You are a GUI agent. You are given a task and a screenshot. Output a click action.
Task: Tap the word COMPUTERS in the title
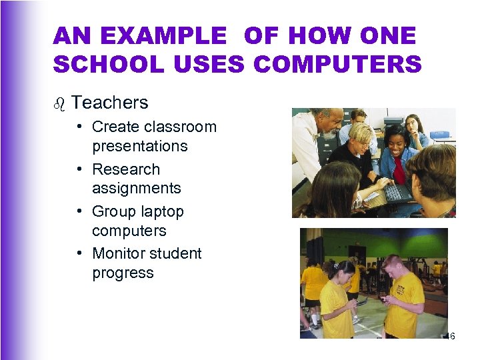[337, 64]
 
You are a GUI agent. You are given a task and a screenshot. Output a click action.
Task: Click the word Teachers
[109, 103]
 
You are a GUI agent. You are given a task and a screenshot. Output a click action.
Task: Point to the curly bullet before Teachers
[59, 103]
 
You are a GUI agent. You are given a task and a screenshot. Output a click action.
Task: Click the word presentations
[139, 146]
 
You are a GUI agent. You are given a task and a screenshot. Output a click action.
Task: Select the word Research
[126, 169]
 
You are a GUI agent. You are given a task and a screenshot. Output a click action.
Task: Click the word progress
[123, 273]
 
